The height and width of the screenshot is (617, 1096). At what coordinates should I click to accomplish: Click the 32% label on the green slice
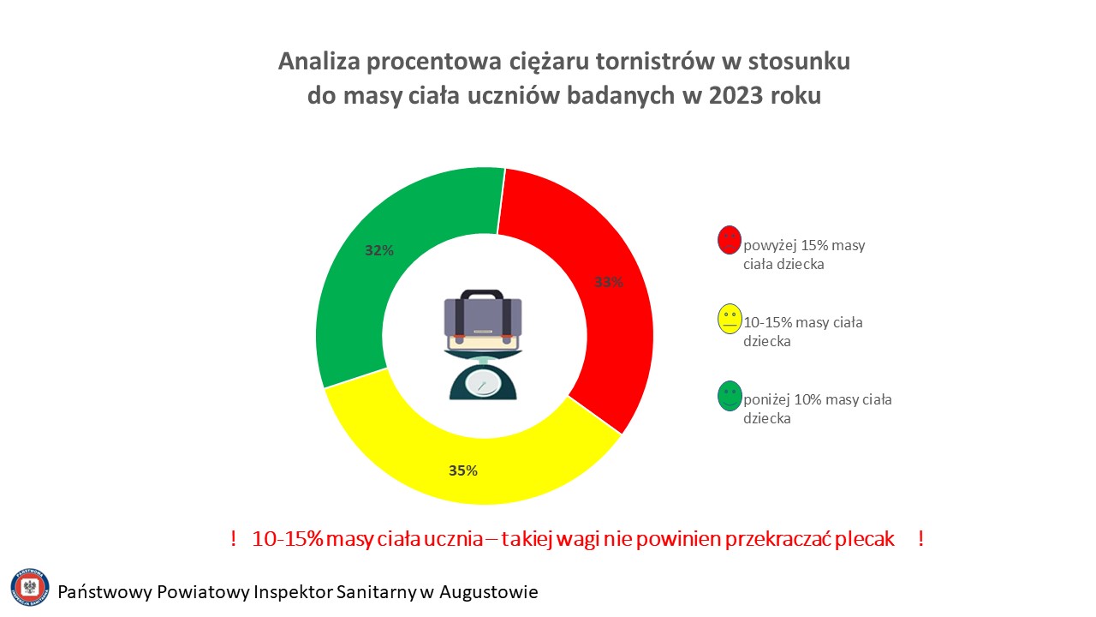pyautogui.click(x=379, y=251)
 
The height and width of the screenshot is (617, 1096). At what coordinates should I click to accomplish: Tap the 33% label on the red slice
pyautogui.click(x=609, y=282)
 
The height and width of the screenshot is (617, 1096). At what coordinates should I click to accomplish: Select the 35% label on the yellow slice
pyautogui.click(x=463, y=470)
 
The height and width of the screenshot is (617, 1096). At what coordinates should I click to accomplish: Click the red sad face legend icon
pyautogui.click(x=729, y=239)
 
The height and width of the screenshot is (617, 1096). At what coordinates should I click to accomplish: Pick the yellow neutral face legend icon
pyautogui.click(x=730, y=319)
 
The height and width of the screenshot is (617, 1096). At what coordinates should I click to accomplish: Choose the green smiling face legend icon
pyautogui.click(x=730, y=396)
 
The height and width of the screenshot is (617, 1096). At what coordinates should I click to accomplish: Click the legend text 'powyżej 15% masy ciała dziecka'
pyautogui.click(x=804, y=255)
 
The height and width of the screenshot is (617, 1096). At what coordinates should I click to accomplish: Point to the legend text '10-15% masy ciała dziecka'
pyautogui.click(x=802, y=332)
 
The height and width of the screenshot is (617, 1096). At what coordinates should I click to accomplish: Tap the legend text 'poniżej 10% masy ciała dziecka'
pyautogui.click(x=817, y=409)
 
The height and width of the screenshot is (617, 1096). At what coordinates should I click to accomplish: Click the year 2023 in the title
pyautogui.click(x=736, y=95)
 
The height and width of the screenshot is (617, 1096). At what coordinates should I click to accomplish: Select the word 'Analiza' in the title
pyautogui.click(x=319, y=62)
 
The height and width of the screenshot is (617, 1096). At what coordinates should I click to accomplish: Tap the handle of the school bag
pyautogui.click(x=482, y=296)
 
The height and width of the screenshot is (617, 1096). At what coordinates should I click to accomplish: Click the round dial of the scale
pyautogui.click(x=482, y=382)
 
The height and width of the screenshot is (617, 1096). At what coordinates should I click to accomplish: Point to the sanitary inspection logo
pyautogui.click(x=30, y=588)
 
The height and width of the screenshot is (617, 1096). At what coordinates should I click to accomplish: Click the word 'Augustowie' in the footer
pyautogui.click(x=489, y=592)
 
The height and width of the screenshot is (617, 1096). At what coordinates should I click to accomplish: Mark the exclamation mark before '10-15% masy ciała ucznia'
pyautogui.click(x=234, y=539)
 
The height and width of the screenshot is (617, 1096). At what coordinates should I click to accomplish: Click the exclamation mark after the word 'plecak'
pyautogui.click(x=921, y=539)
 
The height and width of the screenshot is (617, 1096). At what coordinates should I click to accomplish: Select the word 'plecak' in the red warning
pyautogui.click(x=865, y=540)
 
